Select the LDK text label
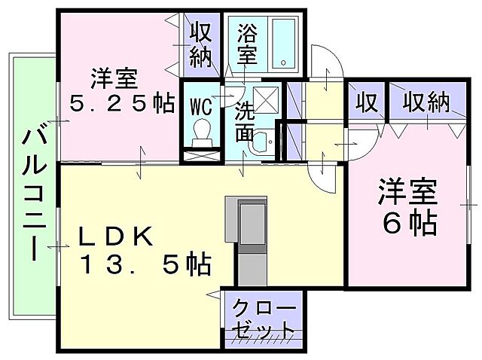point(117,236)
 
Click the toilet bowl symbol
point(202,133)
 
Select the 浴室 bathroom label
point(247,43)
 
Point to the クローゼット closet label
point(264,319)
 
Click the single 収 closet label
point(367,101)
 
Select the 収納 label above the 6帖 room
point(425,101)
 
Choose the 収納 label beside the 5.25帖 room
point(201,45)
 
